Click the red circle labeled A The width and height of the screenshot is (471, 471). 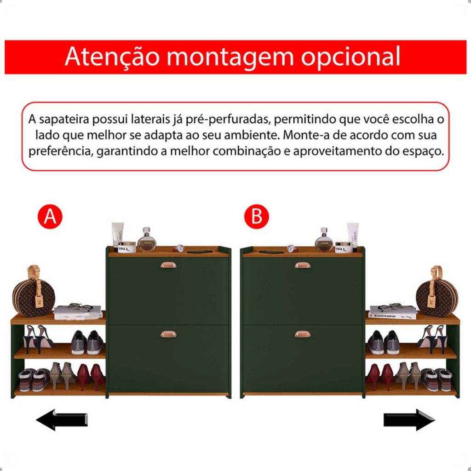(x=50, y=217)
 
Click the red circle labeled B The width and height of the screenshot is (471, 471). (x=256, y=217)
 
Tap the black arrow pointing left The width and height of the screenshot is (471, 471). (x=62, y=419)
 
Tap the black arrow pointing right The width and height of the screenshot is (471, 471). (x=409, y=419)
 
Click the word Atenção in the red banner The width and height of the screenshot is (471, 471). (x=112, y=57)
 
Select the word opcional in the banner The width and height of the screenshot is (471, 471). (x=351, y=57)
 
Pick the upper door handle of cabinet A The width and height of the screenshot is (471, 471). (x=168, y=265)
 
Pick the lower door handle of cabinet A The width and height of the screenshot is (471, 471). (x=168, y=334)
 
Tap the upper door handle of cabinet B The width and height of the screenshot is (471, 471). (x=303, y=265)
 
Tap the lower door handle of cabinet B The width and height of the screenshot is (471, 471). (x=303, y=334)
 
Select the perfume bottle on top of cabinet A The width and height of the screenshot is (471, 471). (x=147, y=240)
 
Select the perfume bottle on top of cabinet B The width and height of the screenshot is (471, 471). (x=324, y=240)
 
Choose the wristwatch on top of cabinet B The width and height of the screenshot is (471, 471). (x=291, y=249)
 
